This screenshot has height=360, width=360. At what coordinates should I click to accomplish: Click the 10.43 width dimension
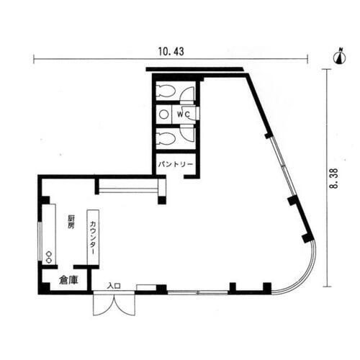[x=168, y=51]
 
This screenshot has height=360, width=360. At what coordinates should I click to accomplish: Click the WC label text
[x=183, y=114]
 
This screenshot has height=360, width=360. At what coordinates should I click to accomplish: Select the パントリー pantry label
[x=175, y=165]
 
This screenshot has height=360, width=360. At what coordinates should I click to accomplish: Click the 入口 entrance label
[x=113, y=286]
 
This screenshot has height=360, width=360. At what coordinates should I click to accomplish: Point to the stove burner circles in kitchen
[x=49, y=256]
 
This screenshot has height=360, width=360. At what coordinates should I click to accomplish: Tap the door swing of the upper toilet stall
[x=188, y=93]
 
